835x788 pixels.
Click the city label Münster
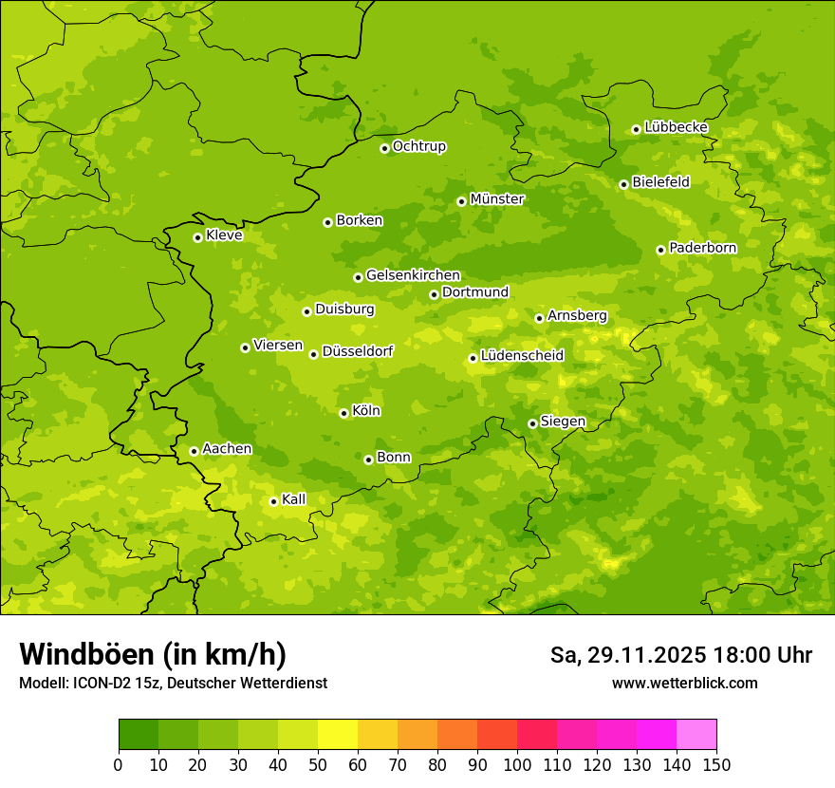click(497, 199)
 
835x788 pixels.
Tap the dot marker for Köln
click(343, 413)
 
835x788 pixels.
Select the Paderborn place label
click(702, 248)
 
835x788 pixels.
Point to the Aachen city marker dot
click(194, 451)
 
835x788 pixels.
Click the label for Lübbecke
click(676, 127)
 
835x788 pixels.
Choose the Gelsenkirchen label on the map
click(413, 275)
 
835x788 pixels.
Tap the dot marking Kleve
click(197, 237)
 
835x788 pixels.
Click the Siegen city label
click(563, 422)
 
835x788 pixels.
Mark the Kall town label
click(294, 499)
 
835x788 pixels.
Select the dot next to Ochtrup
click(384, 148)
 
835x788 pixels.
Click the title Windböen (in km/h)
click(153, 654)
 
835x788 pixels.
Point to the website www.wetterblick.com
click(684, 683)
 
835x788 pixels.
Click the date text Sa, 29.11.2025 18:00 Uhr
click(680, 655)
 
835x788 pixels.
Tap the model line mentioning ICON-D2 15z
click(173, 683)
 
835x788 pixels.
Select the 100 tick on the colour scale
click(517, 765)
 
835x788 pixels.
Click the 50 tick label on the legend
click(318, 765)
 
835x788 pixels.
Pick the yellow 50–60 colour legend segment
click(338, 735)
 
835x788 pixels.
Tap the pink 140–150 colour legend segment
click(696, 735)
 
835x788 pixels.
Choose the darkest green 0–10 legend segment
click(139, 735)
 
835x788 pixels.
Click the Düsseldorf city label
click(357, 351)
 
